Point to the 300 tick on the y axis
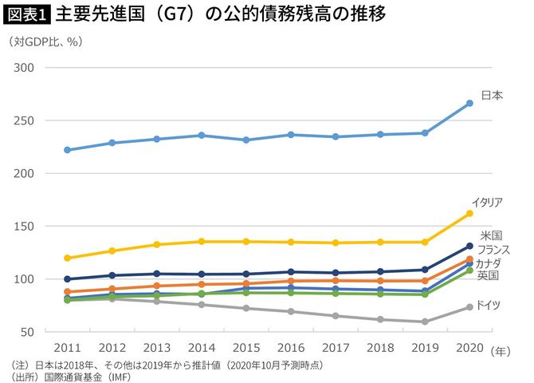tap(24, 68)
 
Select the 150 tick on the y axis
tap(24, 227)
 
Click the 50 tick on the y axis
tap(27, 332)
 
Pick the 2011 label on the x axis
tap(68, 349)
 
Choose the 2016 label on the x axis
tap(291, 349)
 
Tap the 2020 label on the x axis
tap(469, 349)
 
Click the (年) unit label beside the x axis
tap(501, 349)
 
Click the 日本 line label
tap(492, 95)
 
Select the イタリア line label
tap(487, 200)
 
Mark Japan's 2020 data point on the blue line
tap(469, 103)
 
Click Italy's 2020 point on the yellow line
tap(469, 213)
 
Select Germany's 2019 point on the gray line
tap(425, 322)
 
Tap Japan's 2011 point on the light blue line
tap(68, 150)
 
